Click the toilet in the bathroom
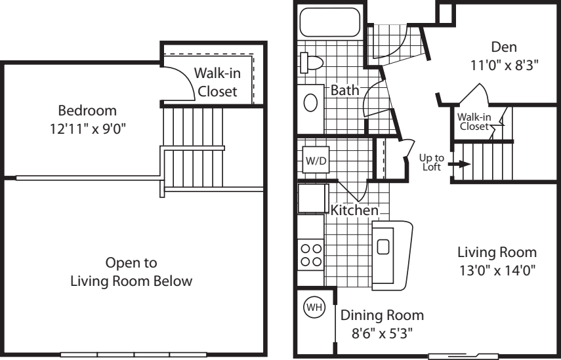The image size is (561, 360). (x=308, y=63)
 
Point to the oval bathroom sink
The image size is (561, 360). (x=312, y=102)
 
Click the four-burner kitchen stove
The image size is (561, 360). (x=310, y=254)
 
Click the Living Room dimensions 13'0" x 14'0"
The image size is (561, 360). (x=497, y=270)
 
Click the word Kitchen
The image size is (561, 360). (x=354, y=211)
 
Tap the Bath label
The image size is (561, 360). (x=344, y=90)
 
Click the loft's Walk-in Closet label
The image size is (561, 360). (x=218, y=82)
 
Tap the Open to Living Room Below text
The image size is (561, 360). (x=131, y=272)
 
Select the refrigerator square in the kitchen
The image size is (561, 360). (x=313, y=199)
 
